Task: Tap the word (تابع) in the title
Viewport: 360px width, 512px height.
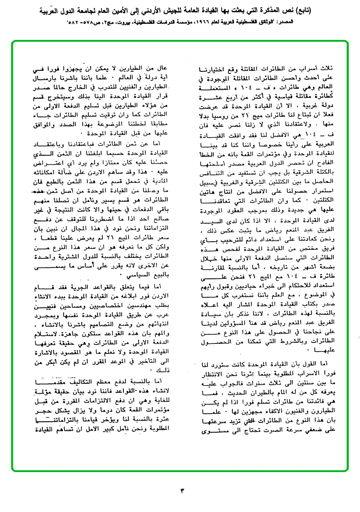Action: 342,9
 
